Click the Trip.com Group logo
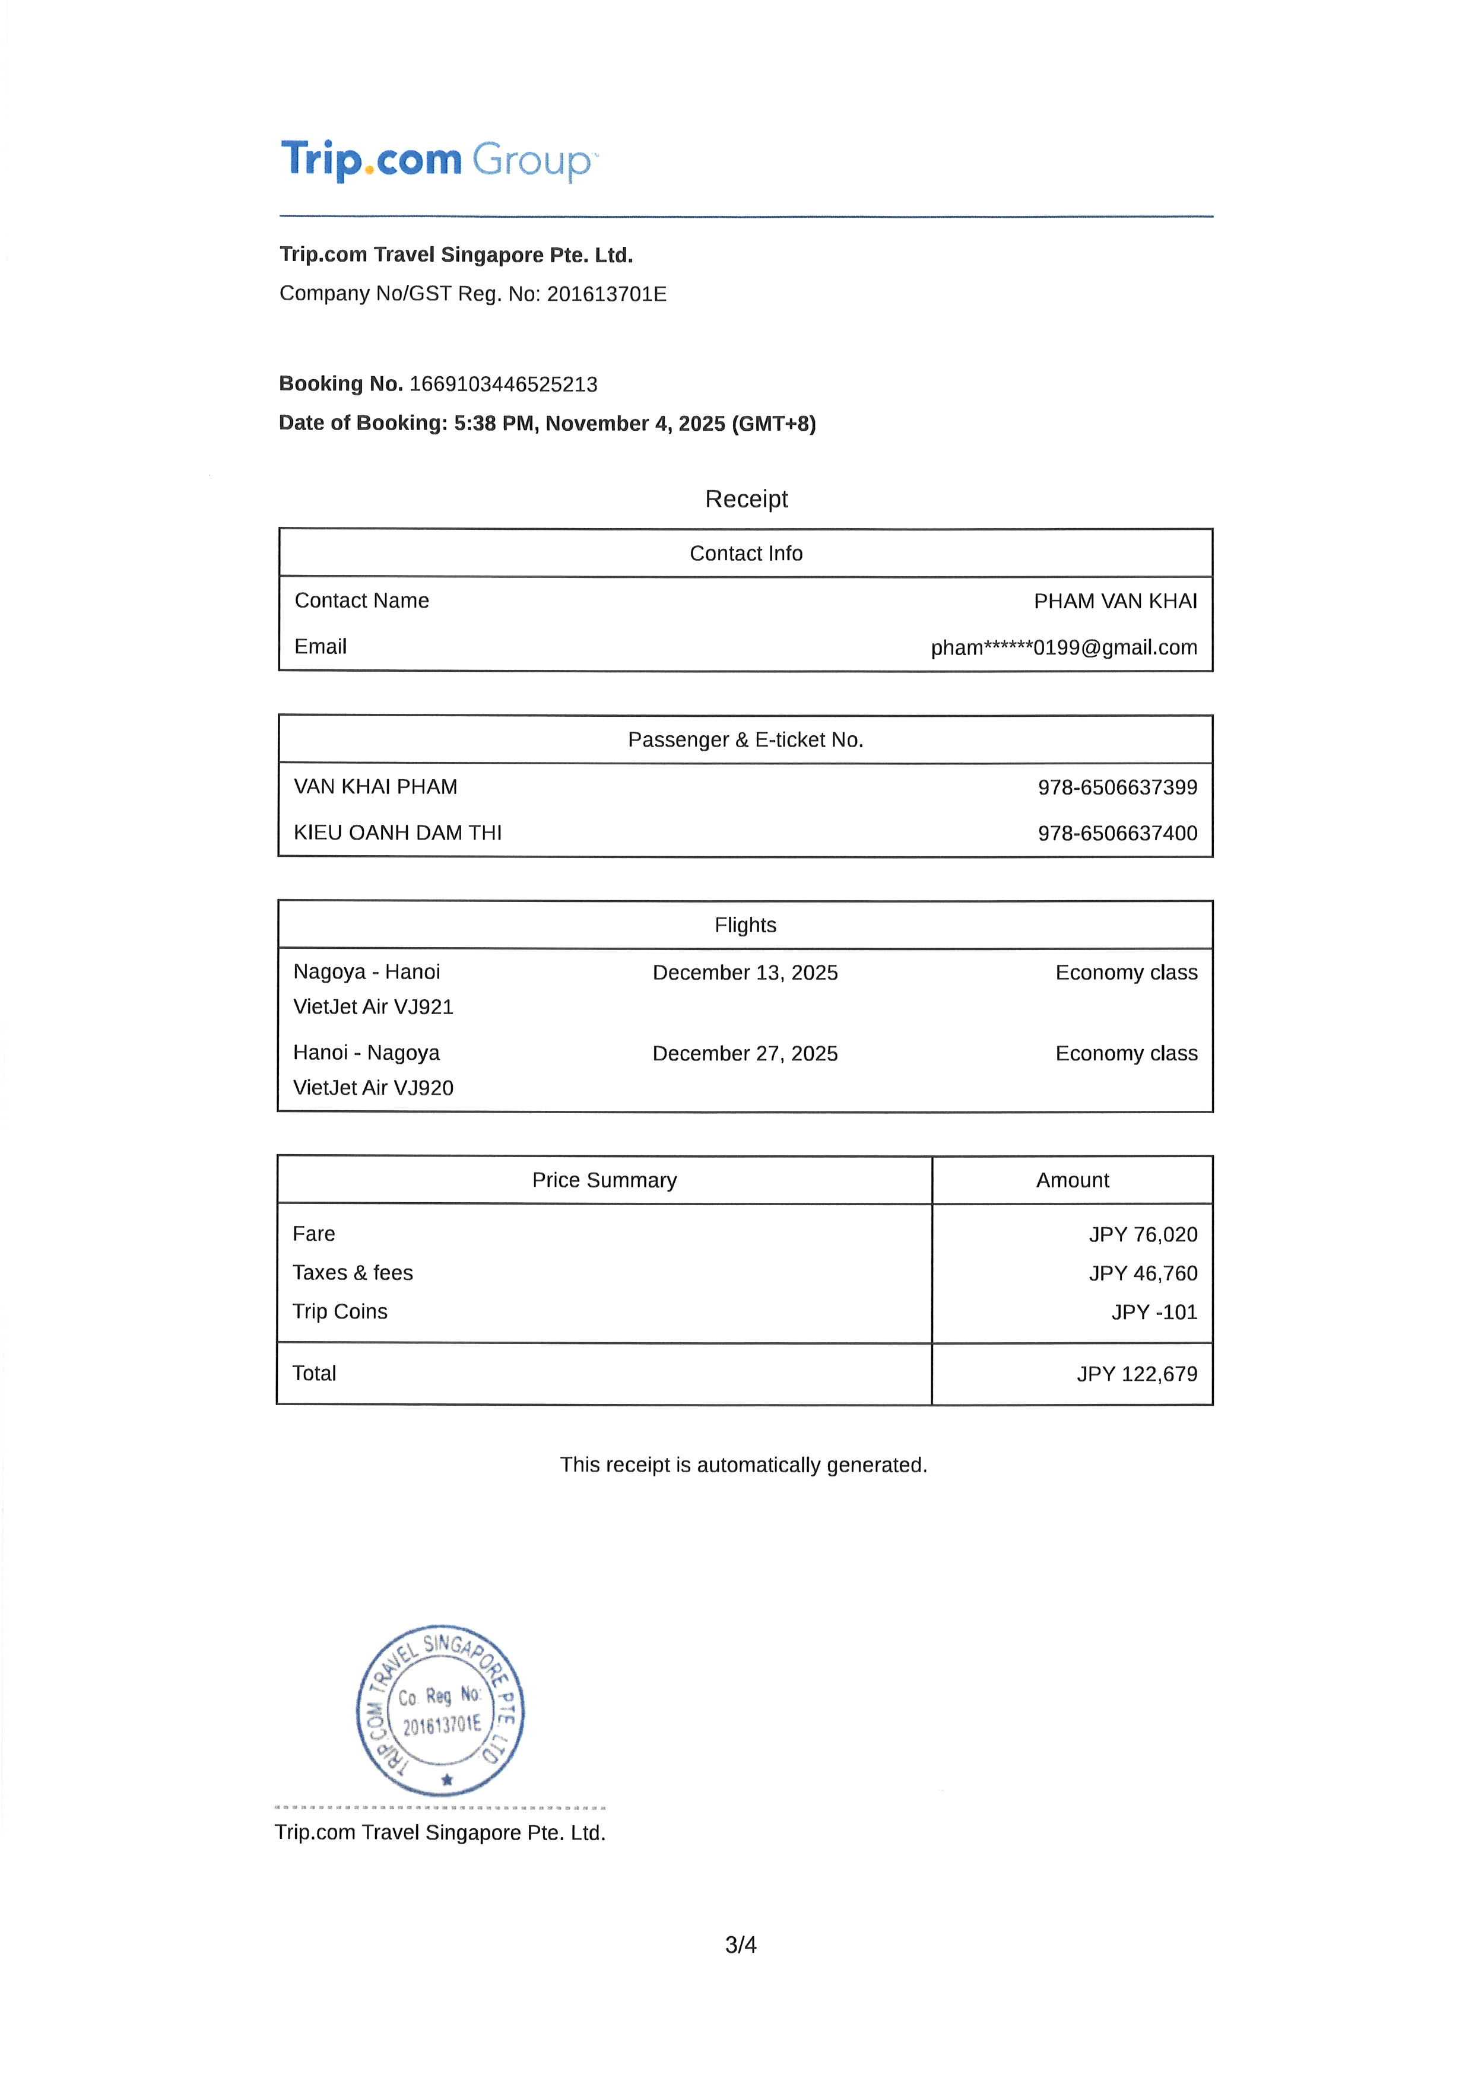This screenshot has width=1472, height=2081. (439, 160)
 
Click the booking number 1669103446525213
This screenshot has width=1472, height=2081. (503, 385)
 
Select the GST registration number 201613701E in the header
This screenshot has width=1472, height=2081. (607, 294)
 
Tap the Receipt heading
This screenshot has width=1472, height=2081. (746, 500)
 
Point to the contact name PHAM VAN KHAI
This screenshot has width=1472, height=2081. (1115, 602)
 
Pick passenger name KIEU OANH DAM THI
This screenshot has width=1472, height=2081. (397, 833)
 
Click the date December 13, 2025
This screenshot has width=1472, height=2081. (745, 973)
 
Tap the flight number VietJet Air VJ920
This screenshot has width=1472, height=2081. (373, 1088)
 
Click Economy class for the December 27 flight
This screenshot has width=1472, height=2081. (1126, 1054)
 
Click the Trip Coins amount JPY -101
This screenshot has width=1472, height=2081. (1154, 1313)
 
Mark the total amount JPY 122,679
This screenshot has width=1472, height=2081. (1137, 1375)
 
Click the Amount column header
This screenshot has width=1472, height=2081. (1073, 1181)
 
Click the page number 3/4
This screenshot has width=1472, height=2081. (741, 1945)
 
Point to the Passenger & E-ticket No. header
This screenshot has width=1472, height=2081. (745, 741)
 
